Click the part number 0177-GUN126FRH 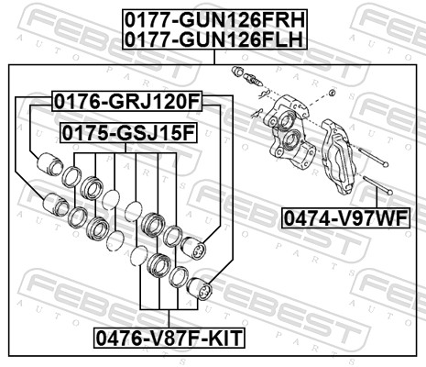(x=213, y=17)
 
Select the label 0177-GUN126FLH (x=213, y=38)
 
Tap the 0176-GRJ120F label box (x=126, y=100)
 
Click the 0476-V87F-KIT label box (x=169, y=338)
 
